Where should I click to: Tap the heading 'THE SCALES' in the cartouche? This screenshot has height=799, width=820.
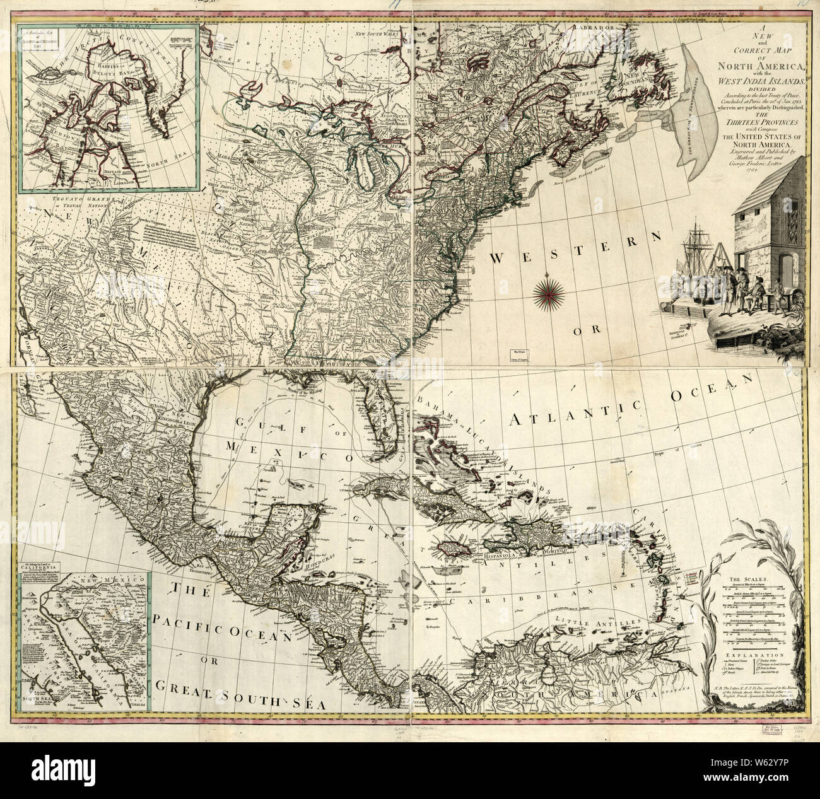(746, 578)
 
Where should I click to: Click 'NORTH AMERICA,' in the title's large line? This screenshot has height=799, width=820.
(750, 68)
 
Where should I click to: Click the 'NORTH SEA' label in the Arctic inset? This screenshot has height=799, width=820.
(168, 166)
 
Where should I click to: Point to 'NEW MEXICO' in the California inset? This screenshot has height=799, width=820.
(88, 586)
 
